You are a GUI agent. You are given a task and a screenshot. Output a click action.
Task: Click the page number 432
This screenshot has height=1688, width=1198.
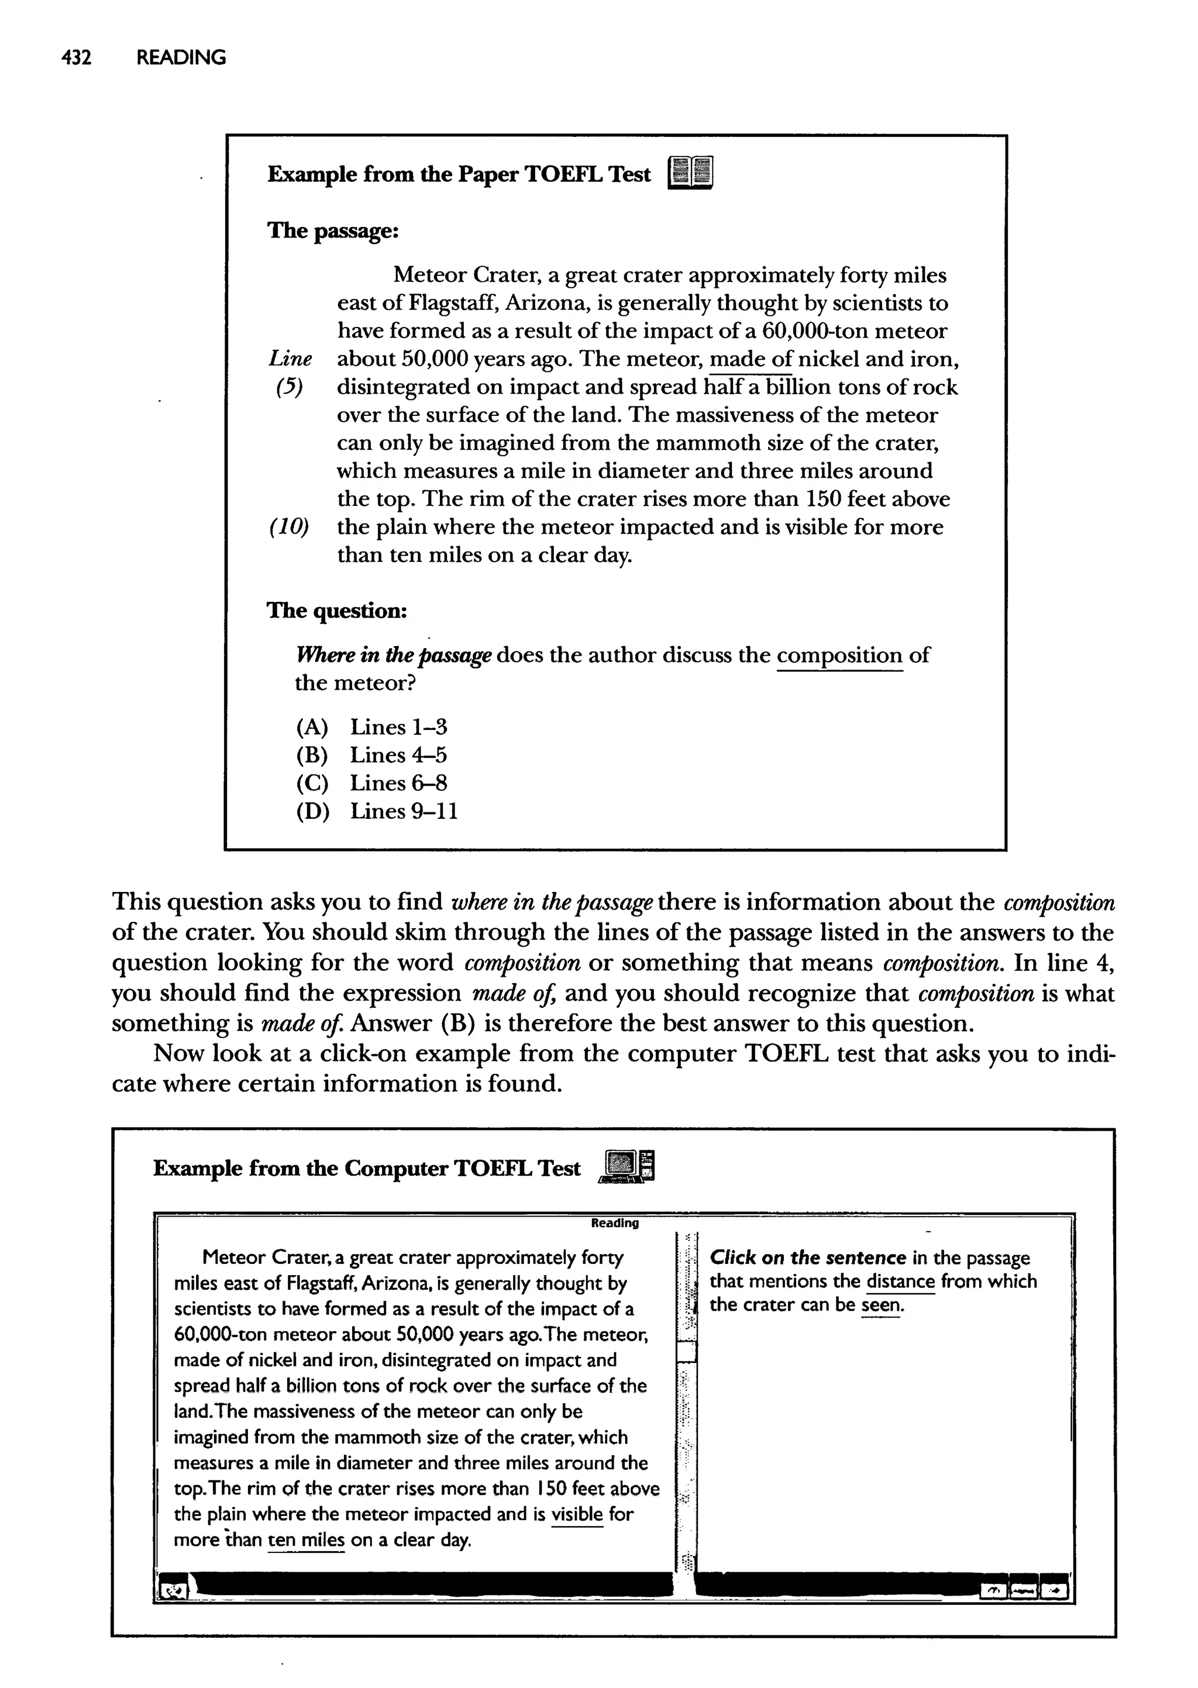76,57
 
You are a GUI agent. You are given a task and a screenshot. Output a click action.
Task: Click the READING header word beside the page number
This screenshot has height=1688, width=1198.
181,57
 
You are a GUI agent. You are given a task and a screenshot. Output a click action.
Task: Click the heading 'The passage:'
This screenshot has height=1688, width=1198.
333,231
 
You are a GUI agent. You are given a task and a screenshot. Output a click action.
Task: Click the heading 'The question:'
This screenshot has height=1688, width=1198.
336,611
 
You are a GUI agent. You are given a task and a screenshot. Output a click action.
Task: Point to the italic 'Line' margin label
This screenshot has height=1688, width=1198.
290,359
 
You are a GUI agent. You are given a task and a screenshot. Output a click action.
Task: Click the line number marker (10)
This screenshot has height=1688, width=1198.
289,527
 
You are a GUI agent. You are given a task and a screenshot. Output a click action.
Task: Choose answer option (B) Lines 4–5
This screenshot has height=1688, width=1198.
371,755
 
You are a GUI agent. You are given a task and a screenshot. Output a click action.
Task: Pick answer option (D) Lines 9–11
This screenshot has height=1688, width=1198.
376,811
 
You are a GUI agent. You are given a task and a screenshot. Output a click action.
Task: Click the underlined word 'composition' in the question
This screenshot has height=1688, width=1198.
839,656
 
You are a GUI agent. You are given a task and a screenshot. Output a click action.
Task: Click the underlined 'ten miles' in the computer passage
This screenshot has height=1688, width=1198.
306,1541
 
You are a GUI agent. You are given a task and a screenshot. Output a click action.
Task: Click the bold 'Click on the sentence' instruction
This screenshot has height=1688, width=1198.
807,1258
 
